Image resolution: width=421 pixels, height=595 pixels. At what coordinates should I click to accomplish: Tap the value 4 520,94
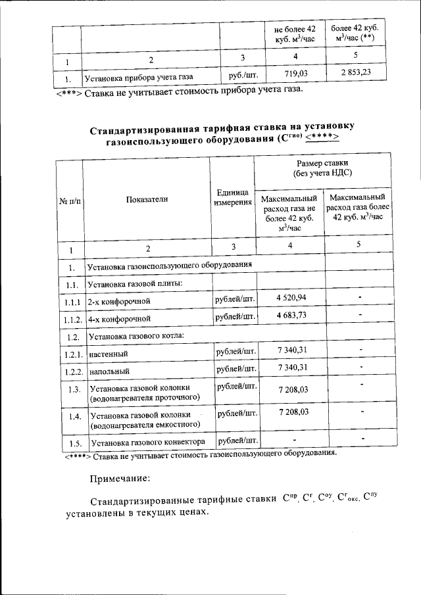(x=291, y=298)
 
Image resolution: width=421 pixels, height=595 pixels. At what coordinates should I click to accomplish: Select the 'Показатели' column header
(x=147, y=200)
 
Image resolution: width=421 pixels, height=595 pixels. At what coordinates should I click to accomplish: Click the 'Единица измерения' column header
(x=232, y=197)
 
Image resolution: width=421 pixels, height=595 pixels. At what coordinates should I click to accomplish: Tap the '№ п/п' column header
(x=69, y=201)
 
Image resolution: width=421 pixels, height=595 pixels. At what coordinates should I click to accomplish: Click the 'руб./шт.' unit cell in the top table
(x=237, y=76)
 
